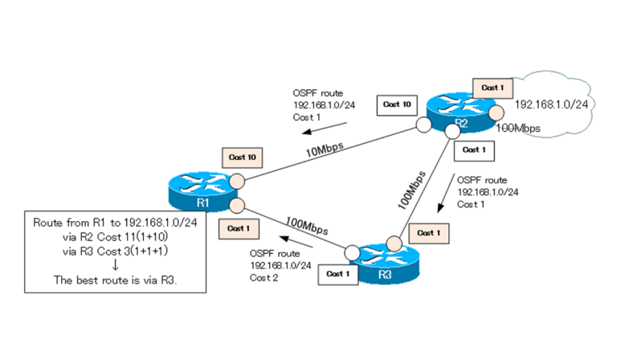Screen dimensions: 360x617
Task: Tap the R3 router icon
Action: coord(384,263)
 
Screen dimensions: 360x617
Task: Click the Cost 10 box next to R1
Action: coord(242,157)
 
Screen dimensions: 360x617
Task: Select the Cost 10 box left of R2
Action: coord(397,104)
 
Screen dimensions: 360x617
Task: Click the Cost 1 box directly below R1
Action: coord(237,228)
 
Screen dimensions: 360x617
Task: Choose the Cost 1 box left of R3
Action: coord(338,274)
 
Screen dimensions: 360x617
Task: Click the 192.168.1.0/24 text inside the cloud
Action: coord(551,104)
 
